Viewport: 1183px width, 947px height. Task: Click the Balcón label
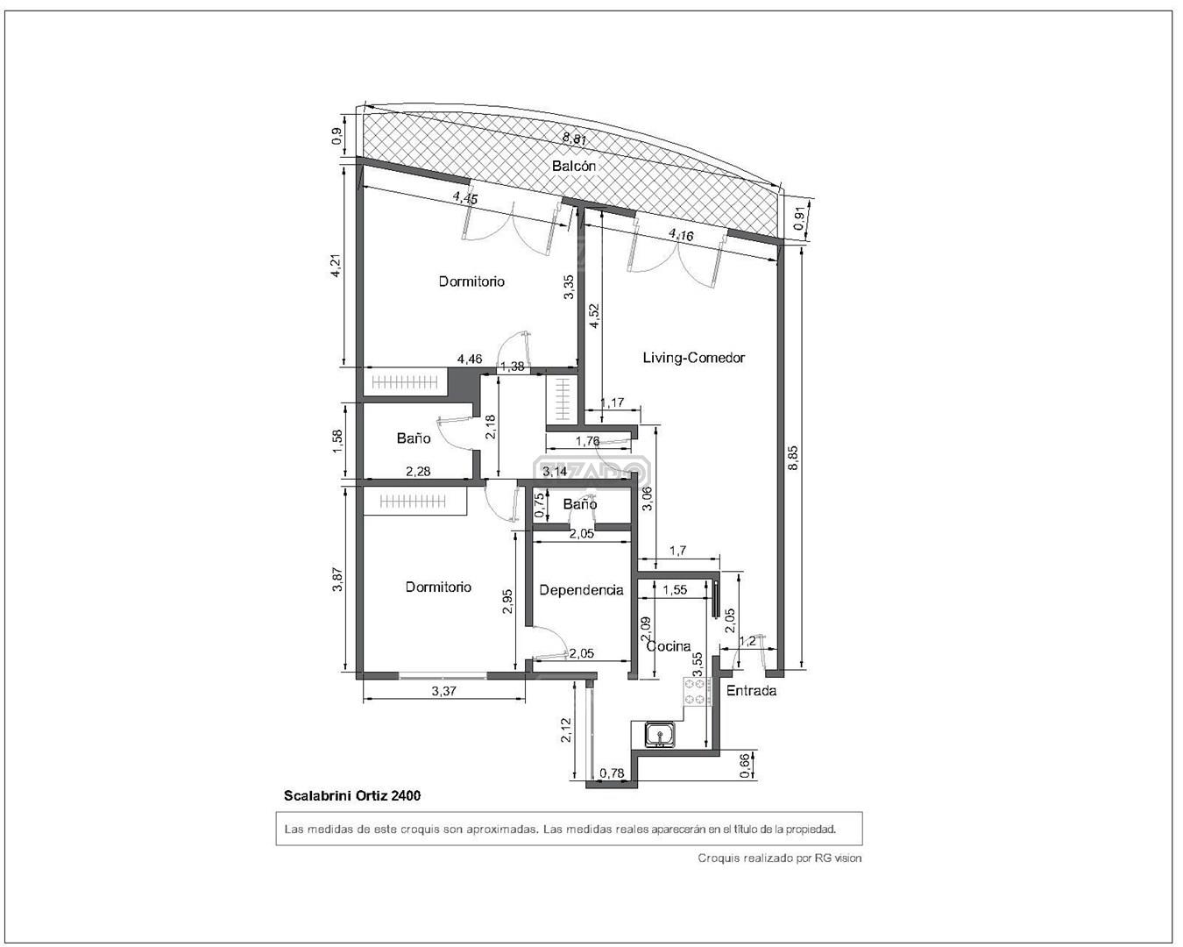pyautogui.click(x=574, y=166)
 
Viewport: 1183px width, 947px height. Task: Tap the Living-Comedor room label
pyautogui.click(x=694, y=358)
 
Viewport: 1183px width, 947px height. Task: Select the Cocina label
pyautogui.click(x=669, y=646)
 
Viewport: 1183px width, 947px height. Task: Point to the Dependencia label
pyautogui.click(x=581, y=590)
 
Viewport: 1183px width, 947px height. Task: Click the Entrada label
pyautogui.click(x=751, y=691)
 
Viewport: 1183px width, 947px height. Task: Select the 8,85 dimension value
pyautogui.click(x=793, y=458)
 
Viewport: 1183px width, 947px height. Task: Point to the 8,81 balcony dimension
pyautogui.click(x=575, y=139)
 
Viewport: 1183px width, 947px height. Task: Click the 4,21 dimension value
pyautogui.click(x=336, y=265)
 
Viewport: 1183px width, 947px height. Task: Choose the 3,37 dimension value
pyautogui.click(x=443, y=691)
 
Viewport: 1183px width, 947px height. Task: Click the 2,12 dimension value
pyautogui.click(x=566, y=730)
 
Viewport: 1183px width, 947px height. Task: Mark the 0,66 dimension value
pyautogui.click(x=745, y=766)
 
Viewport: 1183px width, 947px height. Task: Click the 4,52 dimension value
pyautogui.click(x=594, y=317)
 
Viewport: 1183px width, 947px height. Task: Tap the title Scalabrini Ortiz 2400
pyautogui.click(x=352, y=795)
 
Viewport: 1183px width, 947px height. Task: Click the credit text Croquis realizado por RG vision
pyautogui.click(x=780, y=858)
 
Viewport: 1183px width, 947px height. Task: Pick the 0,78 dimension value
pyautogui.click(x=612, y=773)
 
